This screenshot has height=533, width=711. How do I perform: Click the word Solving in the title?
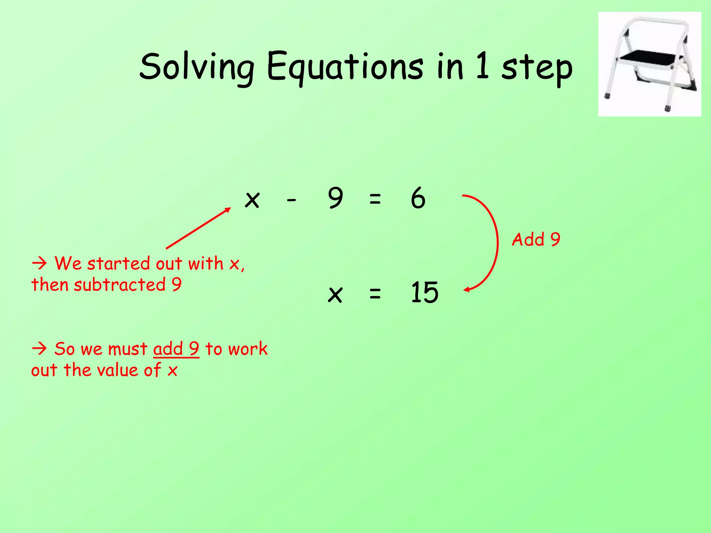196,67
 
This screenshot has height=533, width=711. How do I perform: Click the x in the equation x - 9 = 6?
252,200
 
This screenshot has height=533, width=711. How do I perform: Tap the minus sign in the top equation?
291,200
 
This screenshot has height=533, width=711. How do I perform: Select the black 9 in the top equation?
335,198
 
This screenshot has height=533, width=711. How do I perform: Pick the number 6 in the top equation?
418,198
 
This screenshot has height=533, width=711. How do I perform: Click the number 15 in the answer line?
425,293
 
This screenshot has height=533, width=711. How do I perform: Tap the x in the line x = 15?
335,295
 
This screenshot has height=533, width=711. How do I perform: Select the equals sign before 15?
375,294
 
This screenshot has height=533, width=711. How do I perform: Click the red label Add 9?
536,239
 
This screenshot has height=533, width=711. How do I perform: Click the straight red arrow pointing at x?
198,228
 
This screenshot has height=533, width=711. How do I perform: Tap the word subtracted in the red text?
120,285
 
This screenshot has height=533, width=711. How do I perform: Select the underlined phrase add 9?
176,349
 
